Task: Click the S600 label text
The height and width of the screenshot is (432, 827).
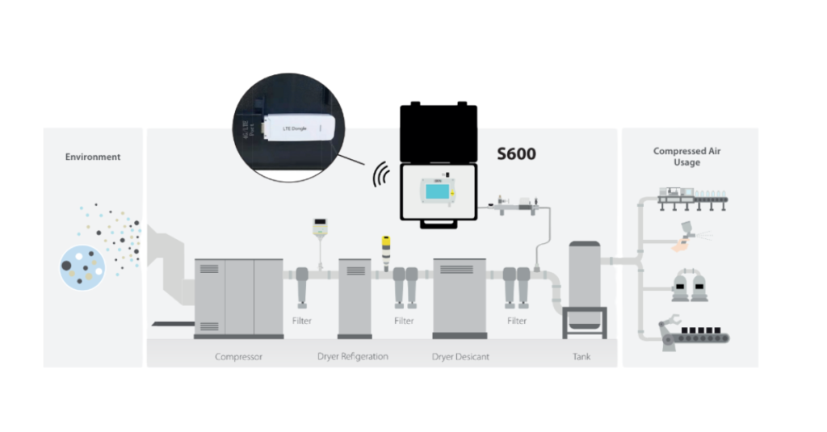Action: (x=515, y=153)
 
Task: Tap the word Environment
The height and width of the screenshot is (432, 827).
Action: (x=93, y=157)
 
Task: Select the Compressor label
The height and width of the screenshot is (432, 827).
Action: (x=238, y=356)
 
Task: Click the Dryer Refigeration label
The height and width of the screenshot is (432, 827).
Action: (x=353, y=356)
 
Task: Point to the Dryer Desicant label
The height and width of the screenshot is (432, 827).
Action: (x=460, y=356)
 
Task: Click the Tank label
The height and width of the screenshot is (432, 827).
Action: (x=581, y=356)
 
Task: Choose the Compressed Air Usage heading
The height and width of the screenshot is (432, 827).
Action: (x=687, y=157)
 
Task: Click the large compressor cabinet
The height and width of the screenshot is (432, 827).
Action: (x=238, y=297)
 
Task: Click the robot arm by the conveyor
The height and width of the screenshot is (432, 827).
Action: (x=671, y=329)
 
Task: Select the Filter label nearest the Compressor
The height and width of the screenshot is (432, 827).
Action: (x=301, y=321)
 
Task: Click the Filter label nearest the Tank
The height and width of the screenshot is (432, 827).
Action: (x=517, y=321)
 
